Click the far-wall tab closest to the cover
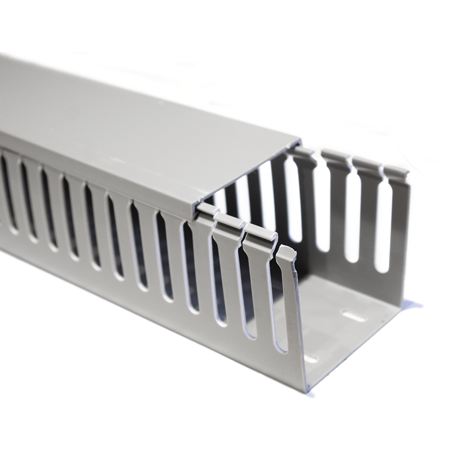(x=302, y=154)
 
